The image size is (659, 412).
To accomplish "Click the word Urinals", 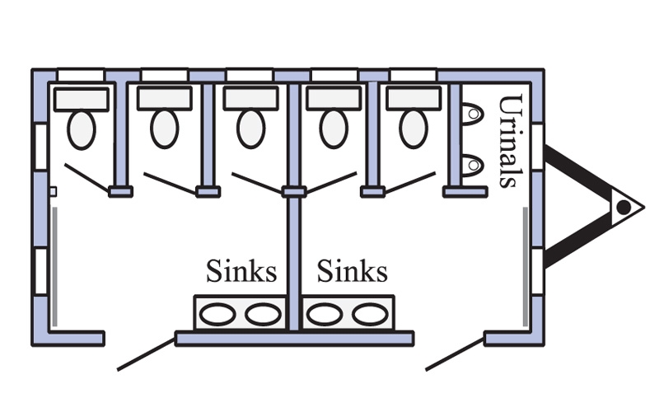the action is tap(511, 141).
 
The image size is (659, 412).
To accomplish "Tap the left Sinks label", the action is tap(241, 271).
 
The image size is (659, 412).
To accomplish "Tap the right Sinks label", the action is tap(353, 271).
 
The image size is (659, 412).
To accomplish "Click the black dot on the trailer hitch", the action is tap(624, 208).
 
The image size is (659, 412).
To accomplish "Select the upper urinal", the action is tap(472, 114).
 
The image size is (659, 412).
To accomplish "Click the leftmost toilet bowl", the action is tap(82, 129).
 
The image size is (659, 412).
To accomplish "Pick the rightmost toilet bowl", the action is tap(414, 129).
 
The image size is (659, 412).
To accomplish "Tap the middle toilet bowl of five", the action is tap(251, 129).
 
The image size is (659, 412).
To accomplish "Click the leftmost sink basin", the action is tap(217, 315).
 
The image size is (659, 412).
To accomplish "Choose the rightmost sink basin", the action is tap(370, 315).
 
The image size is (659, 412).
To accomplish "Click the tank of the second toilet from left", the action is tap(165, 99).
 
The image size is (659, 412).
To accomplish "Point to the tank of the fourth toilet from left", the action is tap(334, 99).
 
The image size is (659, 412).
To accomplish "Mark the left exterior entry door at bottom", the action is tap(146, 354).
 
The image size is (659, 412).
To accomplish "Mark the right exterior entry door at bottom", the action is tap(455, 354).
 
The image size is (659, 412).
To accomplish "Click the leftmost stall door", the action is tap(86, 178).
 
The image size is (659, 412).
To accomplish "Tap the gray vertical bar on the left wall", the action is tap(54, 266).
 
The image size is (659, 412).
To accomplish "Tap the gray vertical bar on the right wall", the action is tap(525, 266).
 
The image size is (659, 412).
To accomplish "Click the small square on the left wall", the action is tap(53, 192).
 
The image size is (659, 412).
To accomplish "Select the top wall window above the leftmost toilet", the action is tap(81, 75).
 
